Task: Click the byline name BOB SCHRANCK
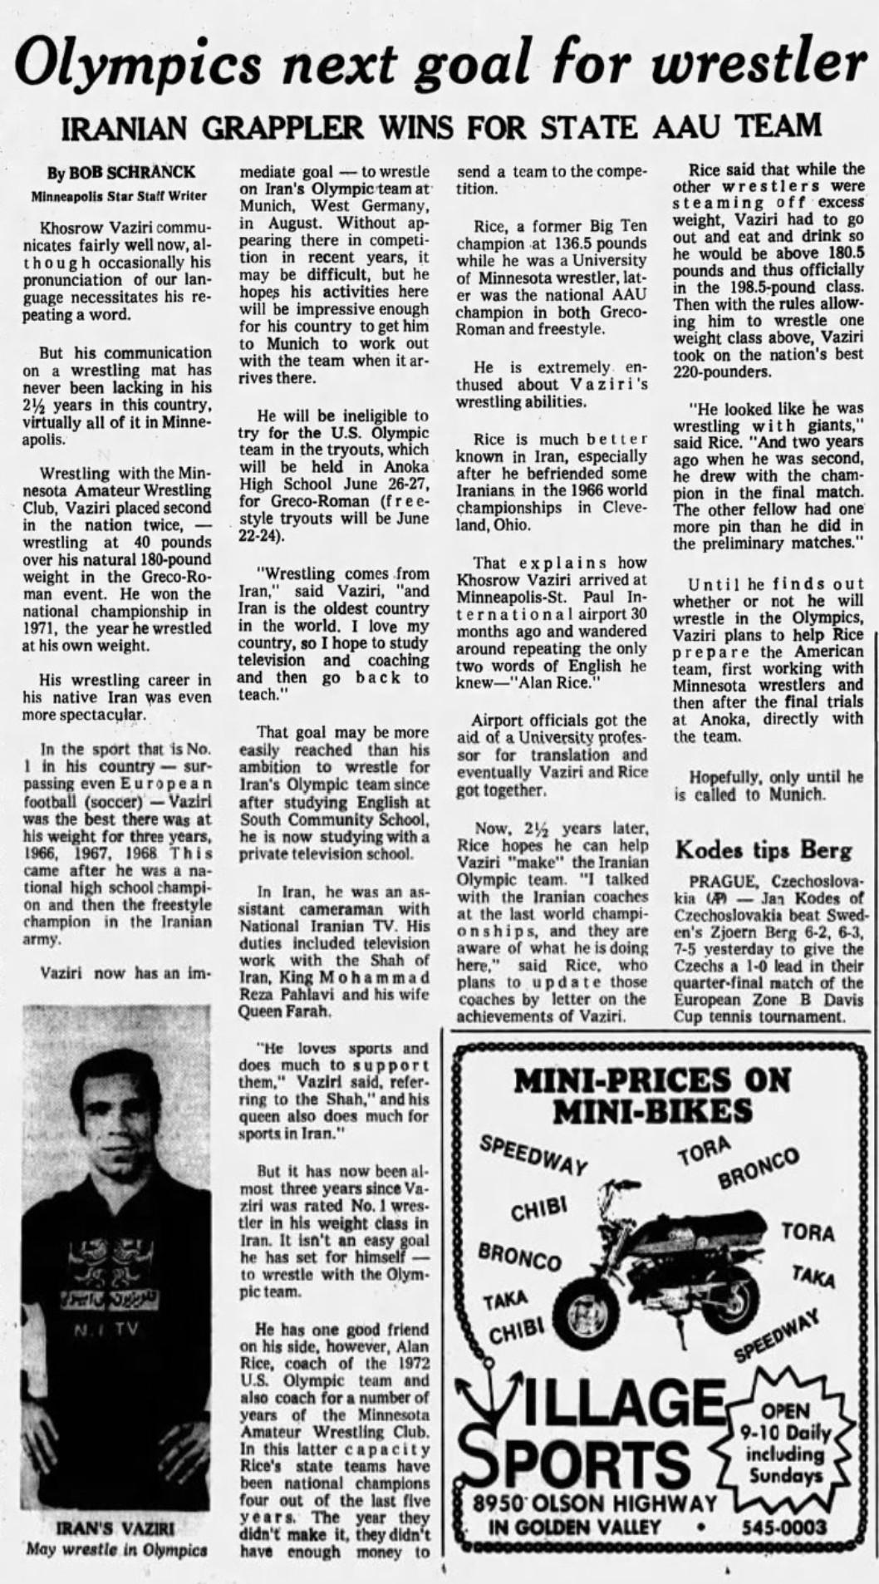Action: click(x=131, y=173)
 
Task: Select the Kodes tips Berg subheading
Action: click(x=764, y=850)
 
